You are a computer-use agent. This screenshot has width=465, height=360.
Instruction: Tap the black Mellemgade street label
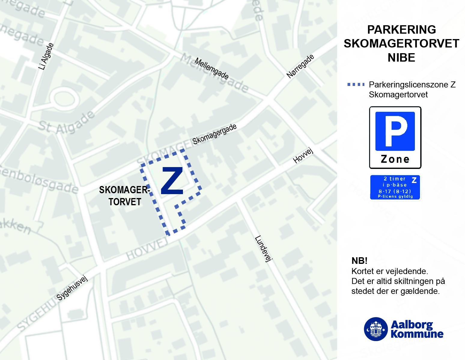click(211, 69)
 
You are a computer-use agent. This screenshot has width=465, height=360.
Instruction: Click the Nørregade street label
click(300, 66)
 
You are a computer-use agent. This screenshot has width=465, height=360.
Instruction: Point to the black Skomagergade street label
click(214, 134)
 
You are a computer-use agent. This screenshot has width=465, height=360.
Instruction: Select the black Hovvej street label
click(303, 156)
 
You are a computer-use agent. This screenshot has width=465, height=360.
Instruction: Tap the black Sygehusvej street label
click(72, 288)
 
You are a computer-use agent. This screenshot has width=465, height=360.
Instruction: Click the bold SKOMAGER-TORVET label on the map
click(124, 196)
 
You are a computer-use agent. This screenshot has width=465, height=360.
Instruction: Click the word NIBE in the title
click(401, 57)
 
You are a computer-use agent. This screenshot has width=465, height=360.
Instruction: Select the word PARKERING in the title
click(401, 30)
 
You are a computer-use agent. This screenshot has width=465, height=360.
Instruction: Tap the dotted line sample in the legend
click(356, 84)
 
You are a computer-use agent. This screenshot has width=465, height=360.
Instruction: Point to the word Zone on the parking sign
click(395, 159)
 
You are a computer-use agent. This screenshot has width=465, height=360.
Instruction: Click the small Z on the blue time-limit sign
click(414, 180)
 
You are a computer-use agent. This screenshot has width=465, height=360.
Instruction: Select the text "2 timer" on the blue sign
click(394, 179)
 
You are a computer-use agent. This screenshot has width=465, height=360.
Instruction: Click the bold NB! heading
click(359, 261)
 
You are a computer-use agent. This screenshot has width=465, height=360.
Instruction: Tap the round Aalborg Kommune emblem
click(375, 329)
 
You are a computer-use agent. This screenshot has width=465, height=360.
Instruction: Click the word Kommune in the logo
click(417, 334)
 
